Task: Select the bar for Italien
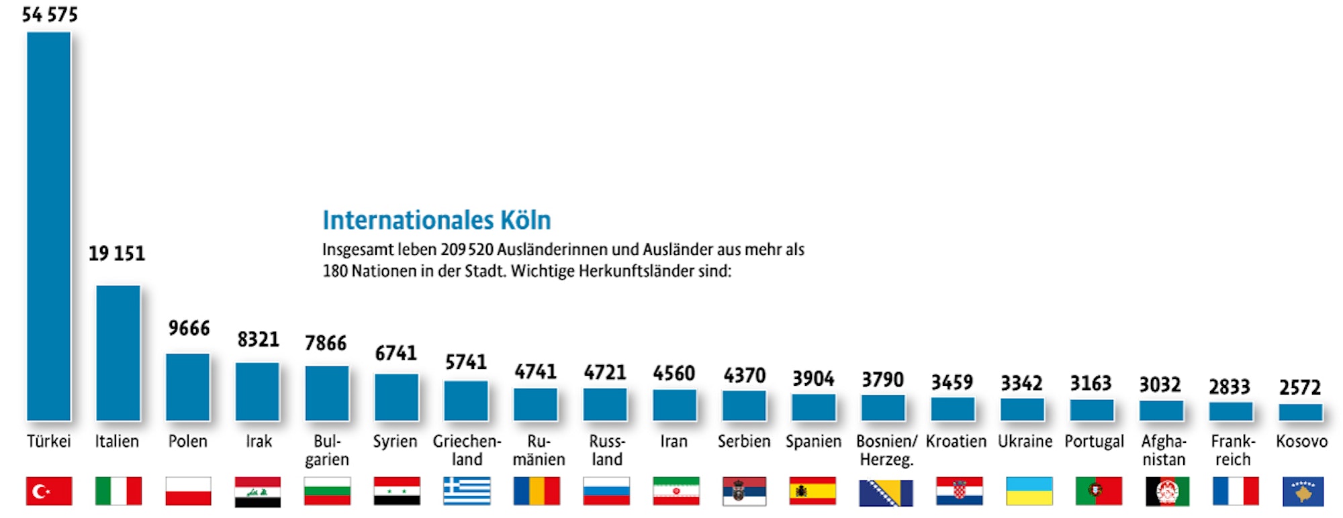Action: (118, 353)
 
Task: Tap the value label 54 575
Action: (50, 15)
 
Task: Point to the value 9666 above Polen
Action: (189, 328)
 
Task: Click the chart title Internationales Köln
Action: (436, 220)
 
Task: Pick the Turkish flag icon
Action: (49, 491)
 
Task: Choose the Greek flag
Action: (467, 491)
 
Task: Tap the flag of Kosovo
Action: (1303, 491)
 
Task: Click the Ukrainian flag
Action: (1029, 491)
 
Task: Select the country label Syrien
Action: (395, 442)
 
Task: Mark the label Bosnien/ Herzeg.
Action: (886, 450)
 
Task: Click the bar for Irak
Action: (257, 392)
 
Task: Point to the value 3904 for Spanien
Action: (813, 378)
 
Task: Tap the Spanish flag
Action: (813, 491)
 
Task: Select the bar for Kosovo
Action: (1301, 412)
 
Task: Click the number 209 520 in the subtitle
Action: (467, 250)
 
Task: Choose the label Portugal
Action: (1094, 442)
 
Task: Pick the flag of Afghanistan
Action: (1167, 491)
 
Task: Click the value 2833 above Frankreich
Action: (1230, 386)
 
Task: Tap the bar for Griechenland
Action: (466, 401)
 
